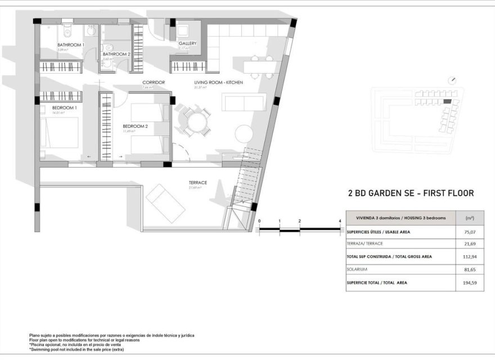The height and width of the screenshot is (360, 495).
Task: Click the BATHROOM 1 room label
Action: point(71,45)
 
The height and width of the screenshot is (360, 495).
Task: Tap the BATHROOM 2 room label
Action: point(116,54)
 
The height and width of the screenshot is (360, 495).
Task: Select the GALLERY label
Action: point(187,43)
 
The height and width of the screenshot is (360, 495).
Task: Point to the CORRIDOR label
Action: point(153,83)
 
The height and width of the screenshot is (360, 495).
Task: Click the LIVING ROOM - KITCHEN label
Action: point(218,83)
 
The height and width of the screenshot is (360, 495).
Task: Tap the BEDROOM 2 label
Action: point(135,127)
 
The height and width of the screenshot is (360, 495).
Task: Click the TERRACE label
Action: point(197,183)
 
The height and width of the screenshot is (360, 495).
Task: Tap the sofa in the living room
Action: point(244,102)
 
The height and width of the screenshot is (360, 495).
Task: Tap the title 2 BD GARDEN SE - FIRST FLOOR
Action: point(411,193)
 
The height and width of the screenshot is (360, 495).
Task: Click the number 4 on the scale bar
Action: point(340,222)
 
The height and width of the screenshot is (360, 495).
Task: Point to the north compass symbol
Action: point(453,80)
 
